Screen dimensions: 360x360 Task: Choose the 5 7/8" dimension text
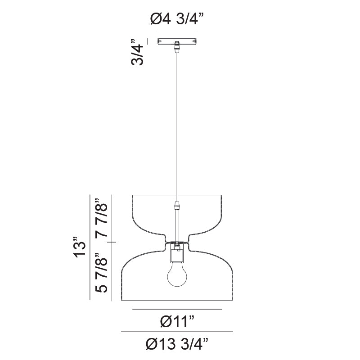(x=102, y=274)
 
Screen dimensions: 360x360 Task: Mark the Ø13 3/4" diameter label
(x=177, y=344)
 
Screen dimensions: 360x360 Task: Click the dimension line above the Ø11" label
(x=177, y=309)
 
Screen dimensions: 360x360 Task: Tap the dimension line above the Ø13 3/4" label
(x=177, y=332)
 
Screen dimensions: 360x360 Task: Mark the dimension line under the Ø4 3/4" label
(x=177, y=30)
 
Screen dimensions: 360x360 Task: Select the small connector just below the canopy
(x=177, y=46)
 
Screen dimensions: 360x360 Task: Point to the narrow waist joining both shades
(x=177, y=242)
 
